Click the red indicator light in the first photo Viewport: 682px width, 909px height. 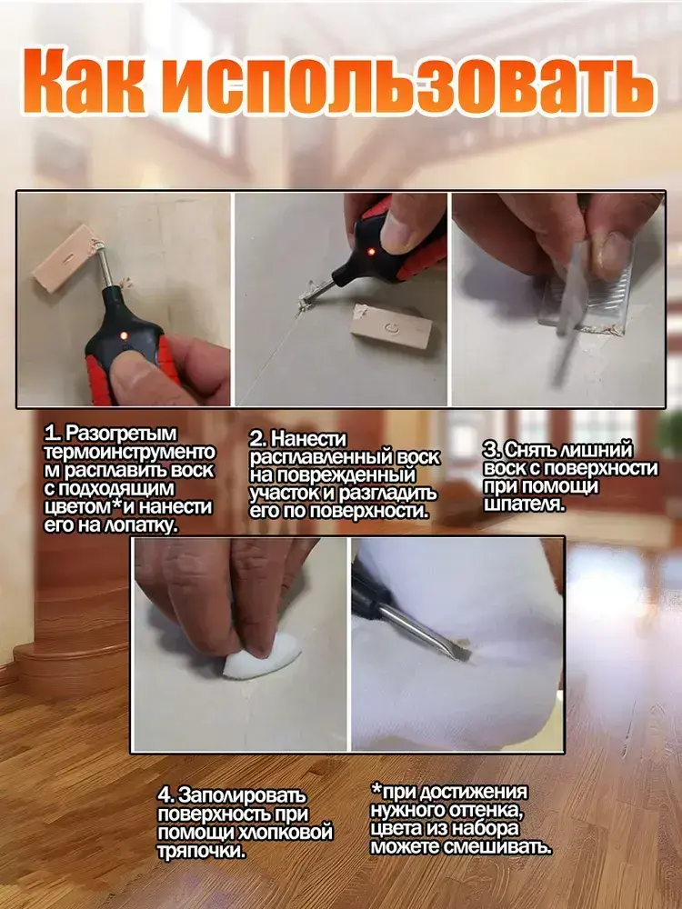tap(123, 335)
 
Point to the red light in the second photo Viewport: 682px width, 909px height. tap(371, 252)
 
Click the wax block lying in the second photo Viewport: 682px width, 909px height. tap(391, 325)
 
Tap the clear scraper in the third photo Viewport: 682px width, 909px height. tap(586, 290)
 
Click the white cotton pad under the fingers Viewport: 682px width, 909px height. tap(262, 655)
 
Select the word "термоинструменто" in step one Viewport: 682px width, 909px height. tap(129, 452)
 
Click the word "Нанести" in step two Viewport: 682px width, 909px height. tap(308, 439)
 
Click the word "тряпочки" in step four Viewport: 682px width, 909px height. tap(201, 851)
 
